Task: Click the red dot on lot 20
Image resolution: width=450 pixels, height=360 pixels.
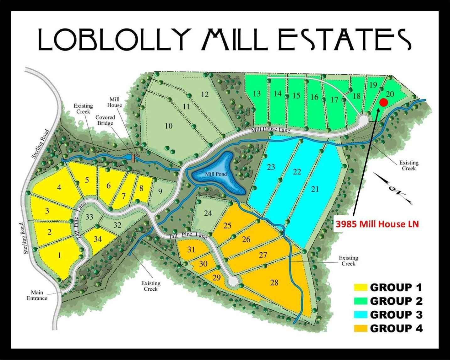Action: [383, 102]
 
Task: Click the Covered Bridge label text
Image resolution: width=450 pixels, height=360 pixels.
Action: [105, 120]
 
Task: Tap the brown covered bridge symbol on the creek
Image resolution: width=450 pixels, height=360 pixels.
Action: [133, 157]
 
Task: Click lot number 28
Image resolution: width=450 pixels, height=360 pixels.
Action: [274, 283]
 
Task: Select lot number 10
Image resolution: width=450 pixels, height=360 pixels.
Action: [169, 126]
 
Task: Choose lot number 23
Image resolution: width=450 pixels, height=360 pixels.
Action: [271, 167]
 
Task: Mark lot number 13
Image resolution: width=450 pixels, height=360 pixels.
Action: [257, 94]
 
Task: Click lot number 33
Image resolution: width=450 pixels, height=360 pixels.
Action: [89, 217]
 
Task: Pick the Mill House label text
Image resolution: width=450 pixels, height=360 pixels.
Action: [115, 102]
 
